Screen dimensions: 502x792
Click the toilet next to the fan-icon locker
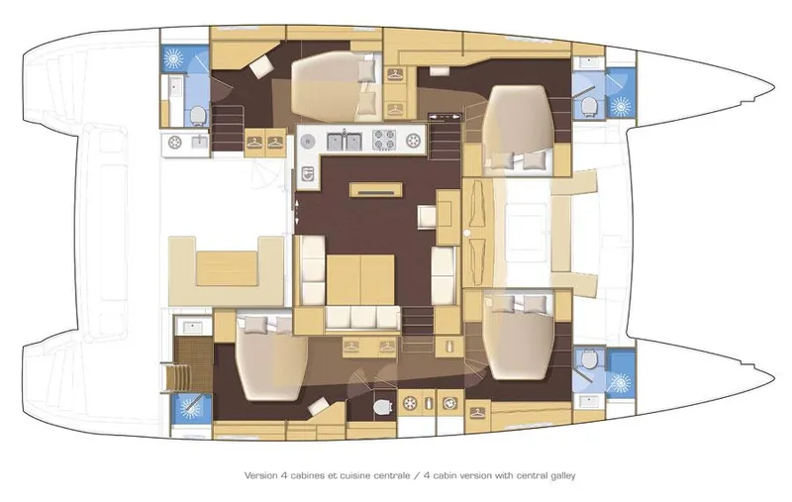click(x=381, y=405)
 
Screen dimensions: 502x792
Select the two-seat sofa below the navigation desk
click(x=445, y=264)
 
